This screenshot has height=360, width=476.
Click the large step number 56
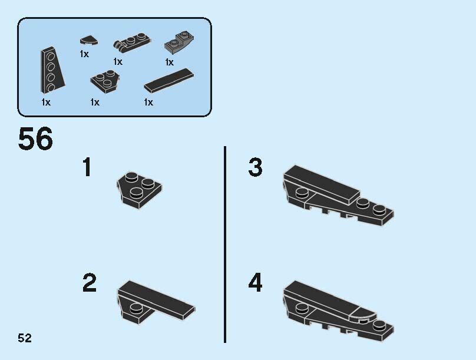pyautogui.click(x=35, y=138)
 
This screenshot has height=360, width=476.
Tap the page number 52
pyautogui.click(x=25, y=338)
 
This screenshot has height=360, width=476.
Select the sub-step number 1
pyautogui.click(x=87, y=167)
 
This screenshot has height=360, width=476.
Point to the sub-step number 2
pyautogui.click(x=90, y=283)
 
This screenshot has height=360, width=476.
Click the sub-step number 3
pyautogui.click(x=255, y=167)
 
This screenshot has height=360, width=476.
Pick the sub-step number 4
pyautogui.click(x=255, y=283)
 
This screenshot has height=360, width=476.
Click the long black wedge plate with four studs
pyautogui.click(x=52, y=71)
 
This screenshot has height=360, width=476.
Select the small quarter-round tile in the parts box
pyautogui.click(x=88, y=41)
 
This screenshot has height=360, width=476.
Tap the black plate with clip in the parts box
pyautogui.click(x=132, y=41)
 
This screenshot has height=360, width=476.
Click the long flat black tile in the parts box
pyautogui.click(x=169, y=81)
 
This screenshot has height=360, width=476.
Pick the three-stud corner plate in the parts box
pyautogui.click(x=105, y=82)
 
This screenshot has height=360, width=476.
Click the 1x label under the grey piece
pyautogui.click(x=170, y=62)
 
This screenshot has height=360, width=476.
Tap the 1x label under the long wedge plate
pyautogui.click(x=46, y=103)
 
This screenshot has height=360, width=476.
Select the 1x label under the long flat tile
pyautogui.click(x=148, y=103)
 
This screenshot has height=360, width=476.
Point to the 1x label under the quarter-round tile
pyautogui.click(x=84, y=54)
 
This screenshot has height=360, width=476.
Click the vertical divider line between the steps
pyautogui.click(x=225, y=245)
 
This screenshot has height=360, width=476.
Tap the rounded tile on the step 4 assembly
pyautogui.click(x=363, y=315)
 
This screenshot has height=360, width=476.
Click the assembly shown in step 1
pyautogui.click(x=140, y=191)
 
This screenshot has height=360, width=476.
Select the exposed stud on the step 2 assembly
pyautogui.click(x=136, y=308)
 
